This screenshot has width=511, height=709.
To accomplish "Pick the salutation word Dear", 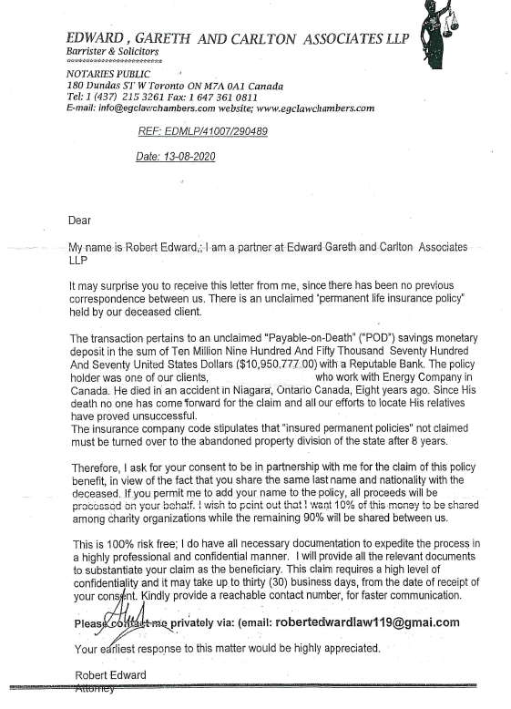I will pos(80,220).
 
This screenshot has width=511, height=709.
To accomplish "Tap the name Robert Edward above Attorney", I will pos(110,675).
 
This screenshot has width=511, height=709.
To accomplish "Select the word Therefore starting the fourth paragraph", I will pos(95,466).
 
